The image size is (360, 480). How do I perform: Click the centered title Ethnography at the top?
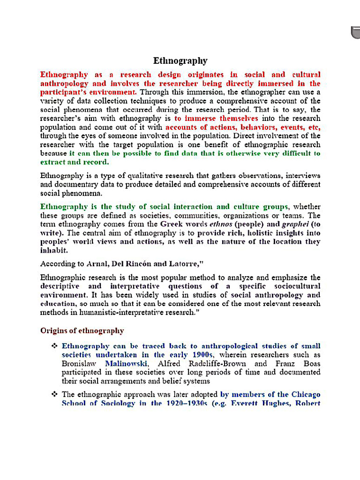pos(180,61)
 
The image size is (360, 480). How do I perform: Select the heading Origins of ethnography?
pos(82,331)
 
